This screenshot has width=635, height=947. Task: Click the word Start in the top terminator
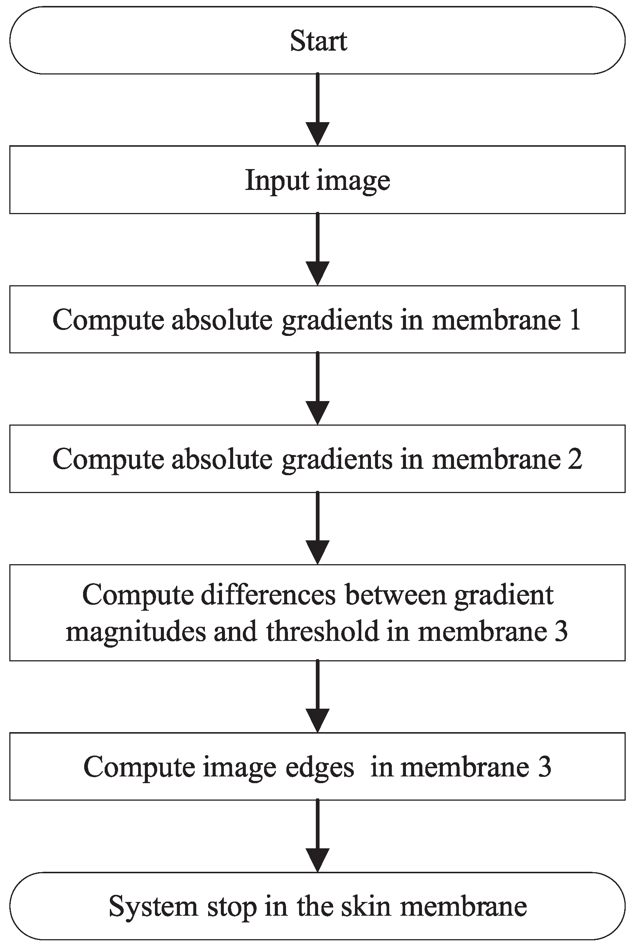[x=318, y=41]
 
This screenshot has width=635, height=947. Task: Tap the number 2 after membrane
[x=575, y=459]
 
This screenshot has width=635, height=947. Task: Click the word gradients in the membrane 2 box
[x=337, y=460]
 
